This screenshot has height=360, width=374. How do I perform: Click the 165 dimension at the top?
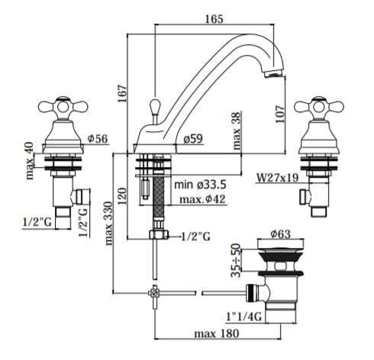pos(214,19)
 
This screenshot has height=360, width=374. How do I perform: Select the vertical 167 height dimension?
pos(122,94)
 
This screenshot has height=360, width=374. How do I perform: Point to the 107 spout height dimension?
pos(280,114)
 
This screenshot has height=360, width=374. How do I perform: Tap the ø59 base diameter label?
pos(193,139)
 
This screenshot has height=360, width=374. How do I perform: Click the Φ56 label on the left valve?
pos(98,139)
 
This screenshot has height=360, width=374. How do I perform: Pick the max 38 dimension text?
pos(237,131)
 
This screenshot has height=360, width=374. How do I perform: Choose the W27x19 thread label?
pos(277,178)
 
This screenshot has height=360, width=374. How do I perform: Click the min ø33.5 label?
pos(200,185)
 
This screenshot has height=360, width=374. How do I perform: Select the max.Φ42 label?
pos(202,199)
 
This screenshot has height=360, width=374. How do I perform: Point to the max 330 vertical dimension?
pos(108,223)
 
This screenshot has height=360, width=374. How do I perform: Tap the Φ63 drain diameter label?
pos(280,234)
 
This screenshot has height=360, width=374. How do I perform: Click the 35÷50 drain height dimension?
pos(236,260)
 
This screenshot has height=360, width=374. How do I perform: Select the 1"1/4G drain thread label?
pos(244,317)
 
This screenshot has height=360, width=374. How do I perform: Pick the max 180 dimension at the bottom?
pos(217,333)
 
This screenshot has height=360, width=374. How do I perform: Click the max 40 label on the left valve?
pos(30,161)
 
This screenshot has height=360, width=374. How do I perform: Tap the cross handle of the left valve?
pos(63,108)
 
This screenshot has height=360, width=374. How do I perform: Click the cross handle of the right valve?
pos(319,108)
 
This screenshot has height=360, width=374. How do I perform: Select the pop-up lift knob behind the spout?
pos(155,108)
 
